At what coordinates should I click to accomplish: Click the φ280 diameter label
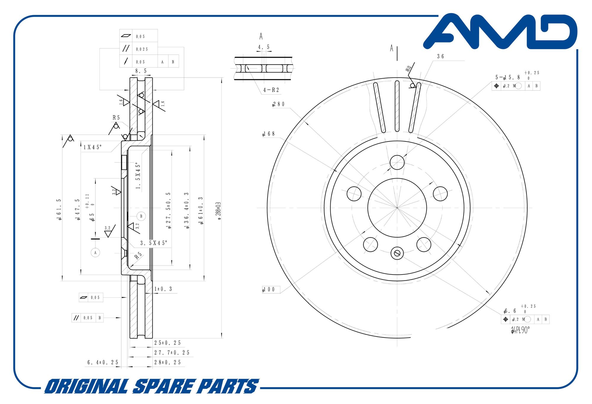click(279, 104)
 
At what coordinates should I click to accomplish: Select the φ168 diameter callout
click(269, 134)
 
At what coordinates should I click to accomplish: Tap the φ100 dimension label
click(269, 289)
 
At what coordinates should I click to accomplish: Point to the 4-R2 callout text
click(271, 90)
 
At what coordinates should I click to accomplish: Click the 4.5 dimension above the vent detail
click(264, 47)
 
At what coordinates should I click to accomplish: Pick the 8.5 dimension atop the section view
click(141, 71)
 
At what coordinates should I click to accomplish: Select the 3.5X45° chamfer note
click(154, 243)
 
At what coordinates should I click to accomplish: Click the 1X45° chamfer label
click(92, 147)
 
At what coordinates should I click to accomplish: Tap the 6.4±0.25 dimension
click(103, 362)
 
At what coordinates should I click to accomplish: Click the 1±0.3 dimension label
click(163, 289)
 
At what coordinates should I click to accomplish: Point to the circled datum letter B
click(141, 216)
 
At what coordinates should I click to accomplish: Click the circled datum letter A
click(95, 253)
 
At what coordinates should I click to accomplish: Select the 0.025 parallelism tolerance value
click(142, 49)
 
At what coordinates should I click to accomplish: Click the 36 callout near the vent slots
click(440, 56)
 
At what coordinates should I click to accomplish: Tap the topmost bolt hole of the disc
click(397, 162)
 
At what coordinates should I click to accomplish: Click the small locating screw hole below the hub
click(397, 253)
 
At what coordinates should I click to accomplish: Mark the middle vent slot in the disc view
click(397, 106)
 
